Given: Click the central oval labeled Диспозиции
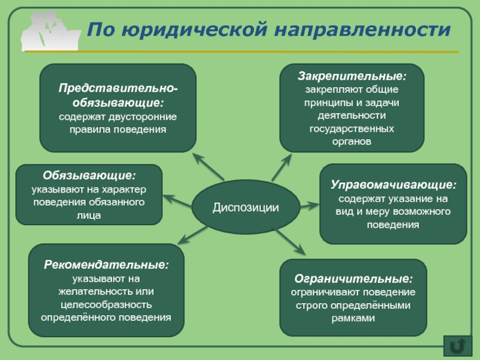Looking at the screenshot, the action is (x=245, y=208).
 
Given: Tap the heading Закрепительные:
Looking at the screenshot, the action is (x=352, y=77).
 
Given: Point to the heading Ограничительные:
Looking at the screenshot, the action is (x=353, y=279).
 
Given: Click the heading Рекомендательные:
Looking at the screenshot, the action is (x=106, y=265).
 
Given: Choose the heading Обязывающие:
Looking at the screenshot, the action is (x=89, y=176).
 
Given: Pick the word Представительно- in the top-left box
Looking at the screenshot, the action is (x=118, y=88).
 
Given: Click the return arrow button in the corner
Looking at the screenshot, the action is (x=457, y=346).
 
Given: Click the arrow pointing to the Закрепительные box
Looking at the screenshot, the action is (x=282, y=167).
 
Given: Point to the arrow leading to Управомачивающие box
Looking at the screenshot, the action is (x=308, y=206).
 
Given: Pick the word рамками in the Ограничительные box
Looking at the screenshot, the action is (x=353, y=319).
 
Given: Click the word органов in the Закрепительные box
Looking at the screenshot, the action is (x=352, y=142).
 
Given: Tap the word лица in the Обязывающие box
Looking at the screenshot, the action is (x=89, y=215).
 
